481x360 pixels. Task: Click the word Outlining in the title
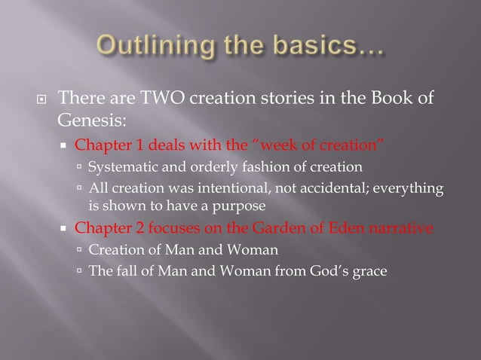(147, 48)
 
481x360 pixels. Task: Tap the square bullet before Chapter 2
(66, 229)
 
